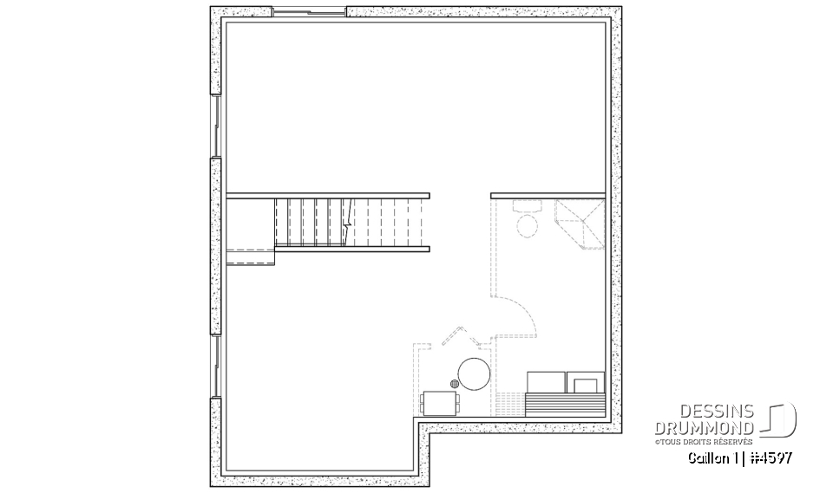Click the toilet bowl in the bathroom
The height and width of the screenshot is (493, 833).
526,226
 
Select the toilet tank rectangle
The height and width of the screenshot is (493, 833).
526,208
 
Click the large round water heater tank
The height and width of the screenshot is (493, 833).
475,374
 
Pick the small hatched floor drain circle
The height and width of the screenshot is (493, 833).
455,382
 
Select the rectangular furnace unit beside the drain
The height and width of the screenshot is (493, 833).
440,402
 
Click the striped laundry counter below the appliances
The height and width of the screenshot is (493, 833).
567,405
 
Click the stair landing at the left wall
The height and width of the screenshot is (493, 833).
250,256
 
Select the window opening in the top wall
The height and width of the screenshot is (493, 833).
309,11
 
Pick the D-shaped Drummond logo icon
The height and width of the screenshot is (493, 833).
780,420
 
